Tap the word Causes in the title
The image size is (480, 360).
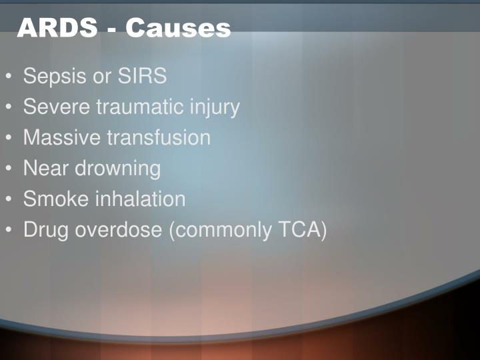[178, 27]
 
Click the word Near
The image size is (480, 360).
[45, 168]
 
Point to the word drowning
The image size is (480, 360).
[117, 169]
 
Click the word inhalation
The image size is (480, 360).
[139, 199]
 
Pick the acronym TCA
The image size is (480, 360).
[297, 230]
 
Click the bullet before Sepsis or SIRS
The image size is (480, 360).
[10, 77]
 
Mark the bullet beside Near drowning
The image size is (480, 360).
[10, 169]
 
